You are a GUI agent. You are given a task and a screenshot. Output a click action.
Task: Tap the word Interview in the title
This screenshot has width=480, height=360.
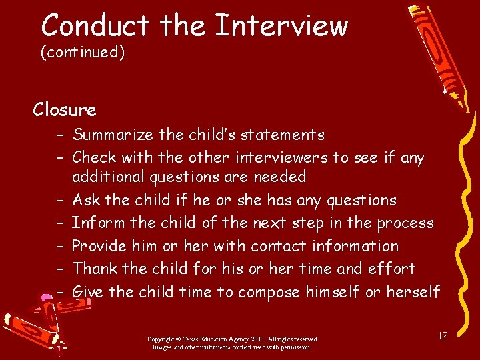281,25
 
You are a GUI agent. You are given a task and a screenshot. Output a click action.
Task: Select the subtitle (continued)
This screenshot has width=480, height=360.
83,52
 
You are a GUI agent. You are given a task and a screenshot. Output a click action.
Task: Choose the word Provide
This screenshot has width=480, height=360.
99,246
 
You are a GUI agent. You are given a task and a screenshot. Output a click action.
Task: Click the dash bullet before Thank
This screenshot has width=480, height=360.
60,269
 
